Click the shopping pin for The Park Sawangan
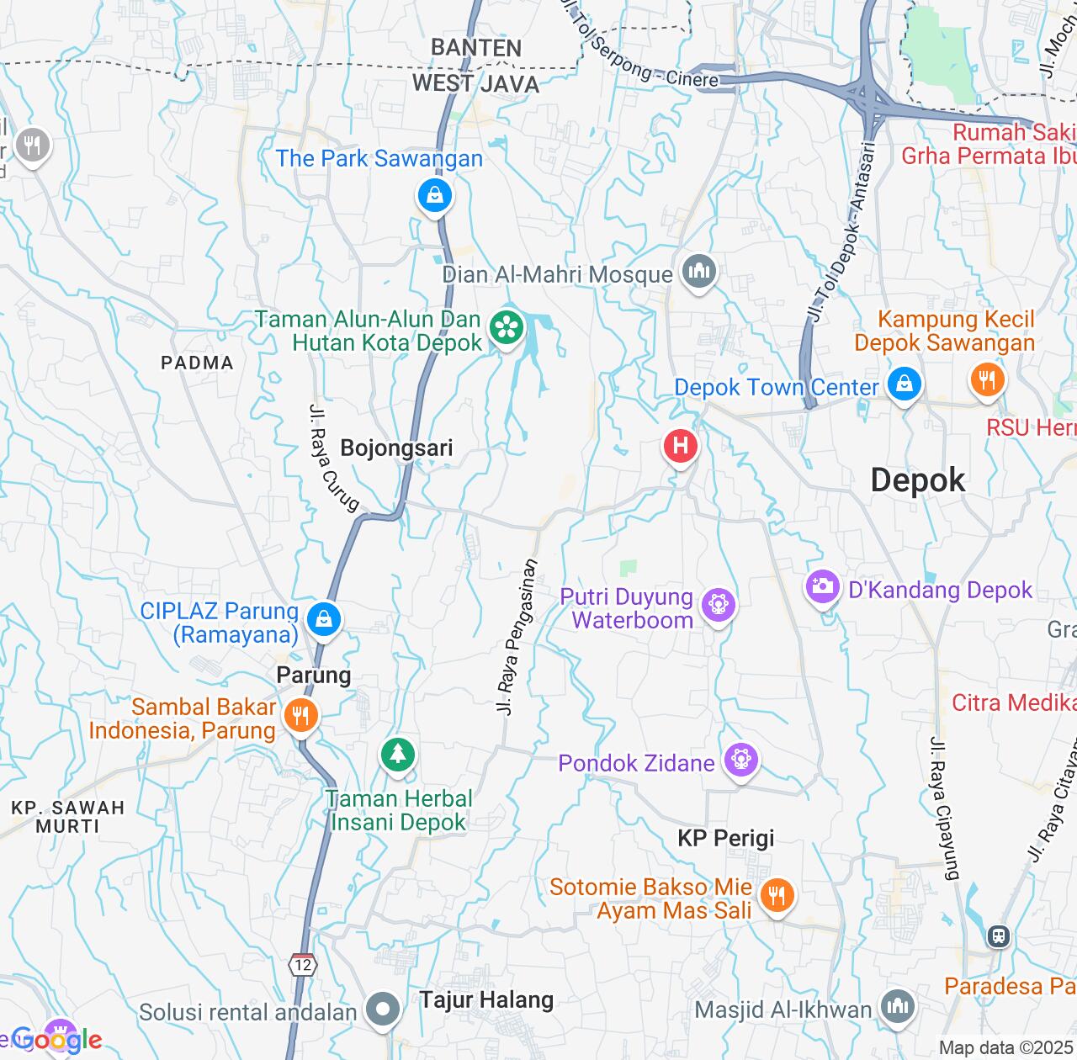coord(434,196)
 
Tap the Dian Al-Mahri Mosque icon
coord(698,272)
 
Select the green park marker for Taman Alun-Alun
coord(507,327)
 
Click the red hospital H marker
coord(680,445)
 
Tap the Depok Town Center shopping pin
coord(904,385)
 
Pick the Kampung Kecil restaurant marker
coord(987,379)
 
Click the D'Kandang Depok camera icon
coord(822,586)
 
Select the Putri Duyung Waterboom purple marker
coord(718,604)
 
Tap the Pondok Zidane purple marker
coord(740,761)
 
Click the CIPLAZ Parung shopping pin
coord(324,620)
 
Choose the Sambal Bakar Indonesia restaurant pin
coord(300,716)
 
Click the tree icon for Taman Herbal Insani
coord(397,754)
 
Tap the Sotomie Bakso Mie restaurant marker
coord(776,895)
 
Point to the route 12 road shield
coord(302,964)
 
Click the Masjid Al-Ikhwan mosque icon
coord(897,1005)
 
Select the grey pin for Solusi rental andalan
coord(383,1009)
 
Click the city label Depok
coord(918,480)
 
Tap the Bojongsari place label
coord(396,448)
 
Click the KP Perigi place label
coord(726,838)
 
